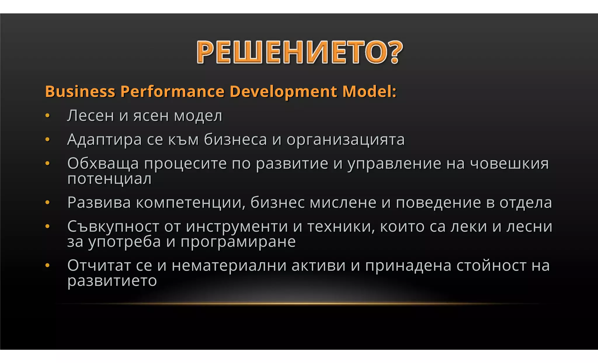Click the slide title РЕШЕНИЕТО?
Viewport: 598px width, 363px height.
point(300,52)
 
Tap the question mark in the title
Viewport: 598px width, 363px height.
point(395,52)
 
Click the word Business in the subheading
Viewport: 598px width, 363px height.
point(80,91)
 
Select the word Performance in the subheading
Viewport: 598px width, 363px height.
point(172,91)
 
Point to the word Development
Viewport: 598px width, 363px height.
point(283,91)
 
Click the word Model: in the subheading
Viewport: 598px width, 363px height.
point(369,91)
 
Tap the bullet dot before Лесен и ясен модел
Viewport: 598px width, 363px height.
point(48,116)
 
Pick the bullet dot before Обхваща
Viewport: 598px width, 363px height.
point(48,164)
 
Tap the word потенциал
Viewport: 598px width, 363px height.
point(109,179)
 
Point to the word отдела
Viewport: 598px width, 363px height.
point(526,202)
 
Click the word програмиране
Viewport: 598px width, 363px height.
point(238,242)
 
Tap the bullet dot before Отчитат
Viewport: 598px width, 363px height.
point(48,266)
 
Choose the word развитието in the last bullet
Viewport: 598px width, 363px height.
point(112,281)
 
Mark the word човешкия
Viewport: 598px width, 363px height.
point(509,164)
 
